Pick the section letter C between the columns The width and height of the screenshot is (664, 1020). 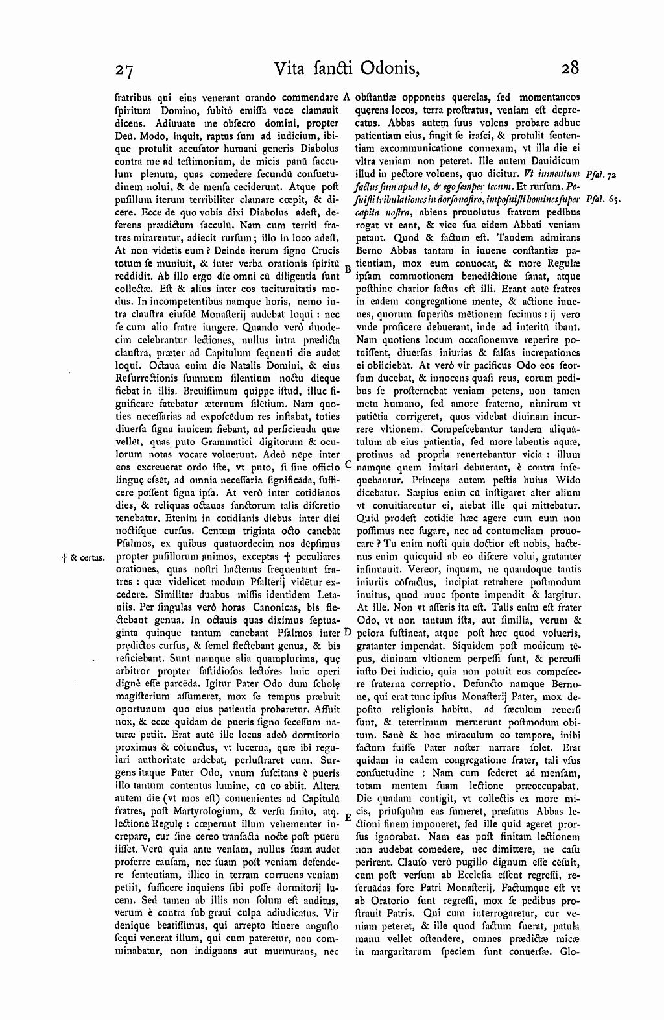[x=348, y=465]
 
